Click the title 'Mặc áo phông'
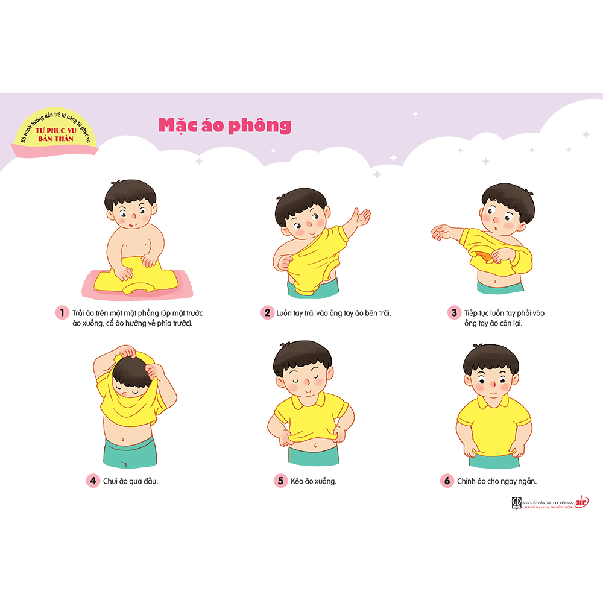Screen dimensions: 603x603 point(225,125)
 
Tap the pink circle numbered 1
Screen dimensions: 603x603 point(61,312)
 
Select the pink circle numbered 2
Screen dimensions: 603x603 point(267,312)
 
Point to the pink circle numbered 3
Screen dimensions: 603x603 point(453,312)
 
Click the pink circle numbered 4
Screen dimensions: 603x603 point(92,481)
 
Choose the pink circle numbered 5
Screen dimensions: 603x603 point(280,481)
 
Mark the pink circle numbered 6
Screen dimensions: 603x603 point(447,481)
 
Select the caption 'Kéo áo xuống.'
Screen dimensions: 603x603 point(314,481)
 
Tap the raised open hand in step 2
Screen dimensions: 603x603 point(362,218)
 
